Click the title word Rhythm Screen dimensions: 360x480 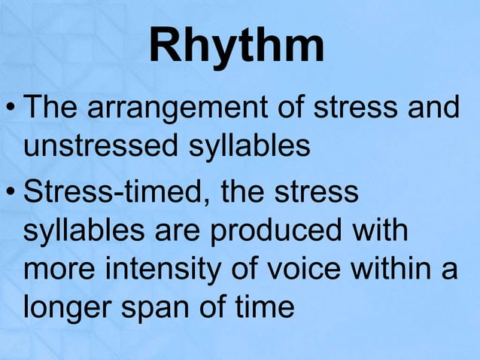[237, 47]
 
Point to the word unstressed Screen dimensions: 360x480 [99, 145]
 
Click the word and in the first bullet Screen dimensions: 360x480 [436, 110]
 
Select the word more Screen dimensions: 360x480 [57, 269]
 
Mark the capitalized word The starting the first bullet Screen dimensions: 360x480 [53, 110]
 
